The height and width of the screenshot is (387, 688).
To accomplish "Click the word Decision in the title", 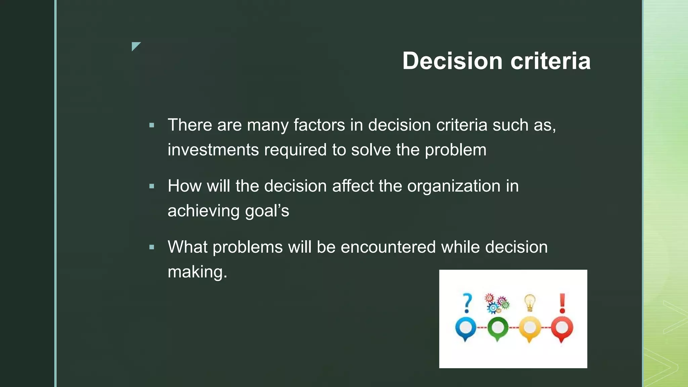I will (452, 61).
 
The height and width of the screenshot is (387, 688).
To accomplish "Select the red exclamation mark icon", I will (562, 303).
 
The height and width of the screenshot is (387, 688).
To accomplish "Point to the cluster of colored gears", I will (497, 303).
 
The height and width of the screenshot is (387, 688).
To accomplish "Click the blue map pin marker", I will (466, 328).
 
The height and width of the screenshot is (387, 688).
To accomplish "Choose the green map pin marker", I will (498, 328).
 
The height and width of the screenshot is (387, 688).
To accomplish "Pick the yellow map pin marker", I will (530, 328).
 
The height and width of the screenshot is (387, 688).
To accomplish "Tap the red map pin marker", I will (562, 328).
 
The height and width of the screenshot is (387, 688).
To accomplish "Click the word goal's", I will (267, 211).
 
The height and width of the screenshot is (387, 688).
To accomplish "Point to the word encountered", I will (388, 247).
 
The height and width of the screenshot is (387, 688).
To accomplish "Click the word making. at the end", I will (197, 272).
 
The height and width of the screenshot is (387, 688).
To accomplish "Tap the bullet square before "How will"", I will (152, 186).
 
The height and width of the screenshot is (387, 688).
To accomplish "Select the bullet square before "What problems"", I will (152, 247).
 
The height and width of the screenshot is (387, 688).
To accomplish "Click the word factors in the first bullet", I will (319, 125).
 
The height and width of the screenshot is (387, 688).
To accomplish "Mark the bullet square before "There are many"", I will (152, 125).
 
